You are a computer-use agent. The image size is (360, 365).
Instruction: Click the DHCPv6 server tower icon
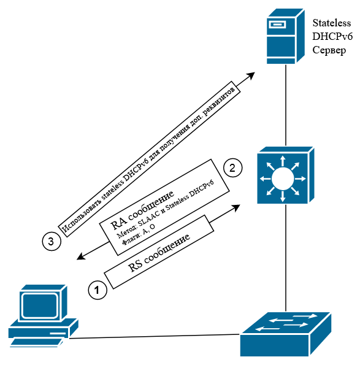[x=286, y=36]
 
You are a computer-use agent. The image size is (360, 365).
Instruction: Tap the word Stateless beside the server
[x=332, y=23]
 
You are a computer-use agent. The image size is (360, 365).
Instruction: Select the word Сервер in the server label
[x=329, y=50]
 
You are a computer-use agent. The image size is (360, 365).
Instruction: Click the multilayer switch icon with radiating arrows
[x=286, y=175]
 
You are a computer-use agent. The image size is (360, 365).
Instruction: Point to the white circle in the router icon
[x=283, y=179]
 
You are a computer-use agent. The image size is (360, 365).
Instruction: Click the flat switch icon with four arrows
[x=286, y=334]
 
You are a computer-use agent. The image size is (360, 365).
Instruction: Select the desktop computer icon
[x=44, y=316]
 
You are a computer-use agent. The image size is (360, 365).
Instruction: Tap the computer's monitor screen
[x=40, y=305]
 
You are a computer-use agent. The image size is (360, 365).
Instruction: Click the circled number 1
[x=98, y=290]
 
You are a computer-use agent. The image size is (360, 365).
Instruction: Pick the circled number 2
[x=232, y=168]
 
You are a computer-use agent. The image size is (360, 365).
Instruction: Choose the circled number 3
[x=52, y=241]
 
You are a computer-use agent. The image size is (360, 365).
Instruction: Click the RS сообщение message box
[x=159, y=252]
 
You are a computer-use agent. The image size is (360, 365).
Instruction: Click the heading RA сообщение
[x=142, y=210]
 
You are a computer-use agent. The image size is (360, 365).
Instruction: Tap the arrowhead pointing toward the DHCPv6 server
[x=251, y=76]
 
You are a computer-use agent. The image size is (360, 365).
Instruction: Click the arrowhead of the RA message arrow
[x=81, y=256]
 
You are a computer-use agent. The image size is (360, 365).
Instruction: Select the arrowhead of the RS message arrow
[x=236, y=207]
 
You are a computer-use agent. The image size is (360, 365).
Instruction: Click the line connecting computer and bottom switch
[x=155, y=336]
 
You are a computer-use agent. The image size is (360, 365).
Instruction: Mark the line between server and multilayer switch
[x=286, y=106]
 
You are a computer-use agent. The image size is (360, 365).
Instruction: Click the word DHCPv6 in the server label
[x=332, y=37]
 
